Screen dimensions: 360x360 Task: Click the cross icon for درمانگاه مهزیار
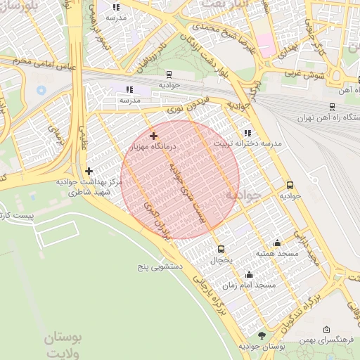tap(153, 135)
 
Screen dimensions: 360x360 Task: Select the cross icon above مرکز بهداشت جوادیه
tap(89, 171)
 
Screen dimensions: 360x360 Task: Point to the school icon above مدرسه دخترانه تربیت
tap(246, 132)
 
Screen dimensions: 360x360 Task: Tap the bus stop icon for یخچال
tap(221, 249)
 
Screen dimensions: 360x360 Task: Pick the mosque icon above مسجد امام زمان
tap(249, 275)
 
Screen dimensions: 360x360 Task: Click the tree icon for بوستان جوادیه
tap(262, 336)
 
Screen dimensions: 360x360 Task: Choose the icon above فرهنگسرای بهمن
tap(326, 330)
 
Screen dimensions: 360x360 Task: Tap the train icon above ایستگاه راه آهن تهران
tap(331, 107)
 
